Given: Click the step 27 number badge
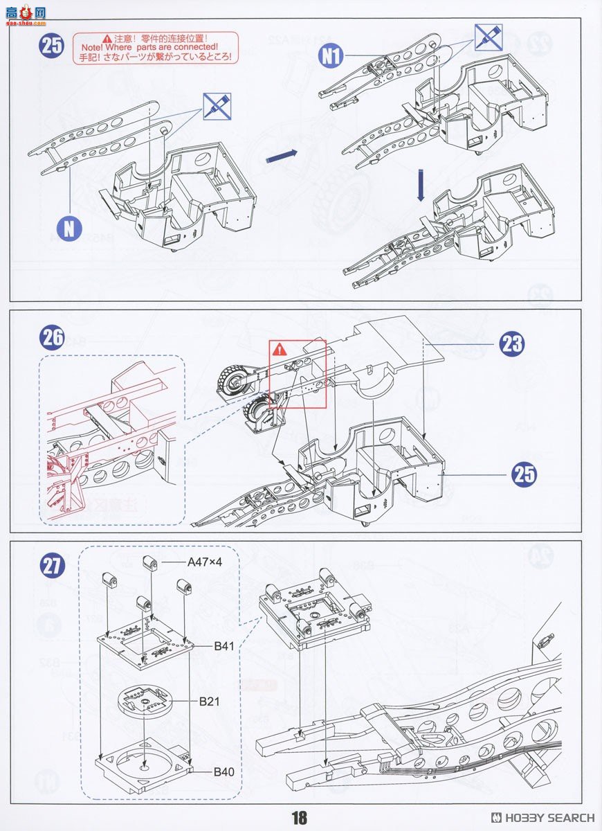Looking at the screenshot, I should click(x=53, y=565).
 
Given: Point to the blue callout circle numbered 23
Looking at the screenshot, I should click(x=511, y=344).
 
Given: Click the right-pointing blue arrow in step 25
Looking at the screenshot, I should click(x=282, y=156).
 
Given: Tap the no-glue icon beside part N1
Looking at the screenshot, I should click(x=488, y=37).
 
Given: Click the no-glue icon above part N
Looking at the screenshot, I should click(x=217, y=105).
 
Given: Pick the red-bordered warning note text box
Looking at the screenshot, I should click(x=155, y=48).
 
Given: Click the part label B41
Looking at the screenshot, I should click(x=224, y=645).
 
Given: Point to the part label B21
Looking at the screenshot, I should click(x=209, y=702).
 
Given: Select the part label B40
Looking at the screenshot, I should click(x=223, y=771).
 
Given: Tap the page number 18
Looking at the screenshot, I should click(x=299, y=818).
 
